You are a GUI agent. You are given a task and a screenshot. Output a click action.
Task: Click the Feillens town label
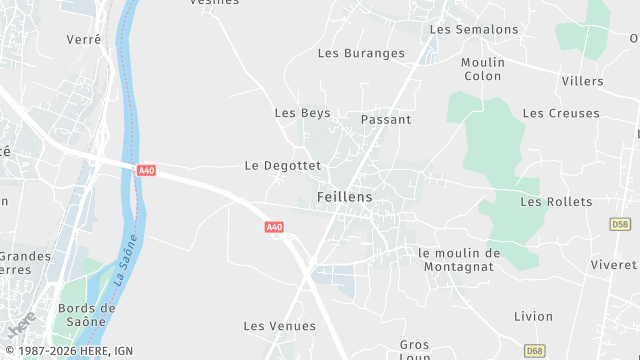(344, 197)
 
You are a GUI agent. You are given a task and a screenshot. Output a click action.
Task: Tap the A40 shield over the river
(147, 171)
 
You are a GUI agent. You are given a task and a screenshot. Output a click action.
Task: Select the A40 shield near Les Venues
(275, 228)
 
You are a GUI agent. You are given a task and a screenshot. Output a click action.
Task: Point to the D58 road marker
(620, 225)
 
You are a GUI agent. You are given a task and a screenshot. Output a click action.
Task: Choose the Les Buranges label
(361, 53)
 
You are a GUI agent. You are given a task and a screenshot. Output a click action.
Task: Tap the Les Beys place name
(302, 113)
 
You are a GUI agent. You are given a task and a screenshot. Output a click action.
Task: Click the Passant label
(386, 119)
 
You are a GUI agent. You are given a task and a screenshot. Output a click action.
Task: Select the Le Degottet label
(283, 165)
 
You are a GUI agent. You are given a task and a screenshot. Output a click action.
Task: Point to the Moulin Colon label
(483, 69)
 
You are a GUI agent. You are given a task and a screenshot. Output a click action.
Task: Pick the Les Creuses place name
(561, 113)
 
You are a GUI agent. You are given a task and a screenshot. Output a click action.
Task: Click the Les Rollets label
(556, 202)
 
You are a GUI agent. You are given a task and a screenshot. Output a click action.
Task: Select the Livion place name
(533, 316)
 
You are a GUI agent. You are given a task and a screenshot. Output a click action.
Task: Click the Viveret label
(613, 264)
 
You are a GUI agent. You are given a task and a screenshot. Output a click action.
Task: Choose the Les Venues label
(280, 326)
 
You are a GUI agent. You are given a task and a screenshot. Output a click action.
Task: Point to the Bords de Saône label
(87, 315)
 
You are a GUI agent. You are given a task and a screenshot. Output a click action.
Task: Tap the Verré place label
(84, 39)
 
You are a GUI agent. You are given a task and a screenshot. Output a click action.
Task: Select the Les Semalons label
(474, 29)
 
